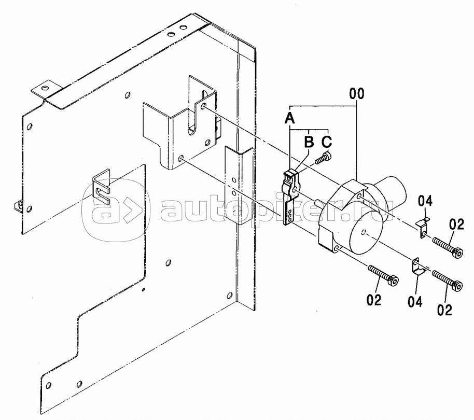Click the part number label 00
tap(357, 94)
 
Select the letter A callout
tap(289, 118)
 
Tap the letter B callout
tap(309, 141)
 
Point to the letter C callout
tap(327, 141)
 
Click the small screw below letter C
tap(324, 158)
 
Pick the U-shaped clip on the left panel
tap(101, 186)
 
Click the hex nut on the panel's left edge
tap(18, 205)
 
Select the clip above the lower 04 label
tap(417, 266)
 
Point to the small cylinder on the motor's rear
tap(391, 186)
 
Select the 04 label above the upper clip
tap(425, 201)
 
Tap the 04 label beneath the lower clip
tap(415, 301)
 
